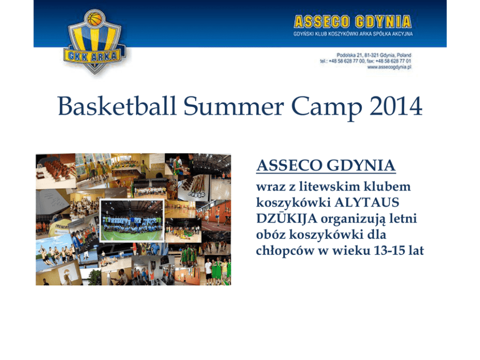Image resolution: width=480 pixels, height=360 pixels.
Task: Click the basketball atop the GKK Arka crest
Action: (94, 18)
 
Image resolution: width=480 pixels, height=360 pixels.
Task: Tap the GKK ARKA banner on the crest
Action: (93, 56)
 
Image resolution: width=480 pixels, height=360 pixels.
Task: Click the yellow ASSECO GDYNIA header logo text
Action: (352, 22)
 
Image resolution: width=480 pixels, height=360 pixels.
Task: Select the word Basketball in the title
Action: (117, 106)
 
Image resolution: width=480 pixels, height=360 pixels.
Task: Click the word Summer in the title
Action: (234, 106)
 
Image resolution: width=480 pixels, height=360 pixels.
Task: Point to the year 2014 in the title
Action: (396, 106)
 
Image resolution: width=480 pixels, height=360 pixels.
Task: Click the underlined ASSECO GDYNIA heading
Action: (326, 165)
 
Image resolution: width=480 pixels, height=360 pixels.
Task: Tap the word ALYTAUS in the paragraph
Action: (367, 202)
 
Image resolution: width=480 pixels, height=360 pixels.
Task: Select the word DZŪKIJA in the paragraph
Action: (286, 218)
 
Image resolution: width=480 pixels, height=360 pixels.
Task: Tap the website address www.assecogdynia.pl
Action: (389, 67)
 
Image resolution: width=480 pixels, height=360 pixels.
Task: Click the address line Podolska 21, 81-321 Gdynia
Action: (374, 55)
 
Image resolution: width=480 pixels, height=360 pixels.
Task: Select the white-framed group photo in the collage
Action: (132, 221)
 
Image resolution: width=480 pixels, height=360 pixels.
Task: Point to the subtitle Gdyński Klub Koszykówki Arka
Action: (353, 34)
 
